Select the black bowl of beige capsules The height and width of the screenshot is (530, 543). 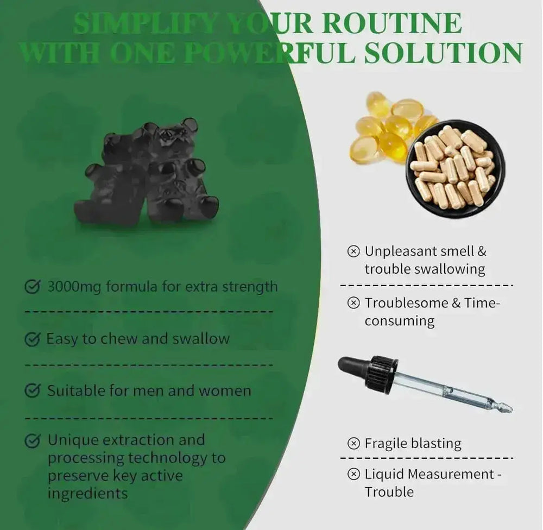(455, 168)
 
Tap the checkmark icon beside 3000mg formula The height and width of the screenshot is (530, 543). (33, 286)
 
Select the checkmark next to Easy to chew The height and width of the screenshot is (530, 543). (33, 339)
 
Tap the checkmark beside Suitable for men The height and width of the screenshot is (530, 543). (33, 391)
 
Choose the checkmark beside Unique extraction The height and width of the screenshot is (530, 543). (33, 440)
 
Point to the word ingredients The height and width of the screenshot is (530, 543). (88, 493)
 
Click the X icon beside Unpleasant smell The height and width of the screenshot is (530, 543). (353, 251)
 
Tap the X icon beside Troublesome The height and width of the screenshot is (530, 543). (353, 303)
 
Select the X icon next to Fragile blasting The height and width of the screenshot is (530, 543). (353, 444)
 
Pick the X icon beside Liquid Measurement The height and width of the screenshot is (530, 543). (353, 475)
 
